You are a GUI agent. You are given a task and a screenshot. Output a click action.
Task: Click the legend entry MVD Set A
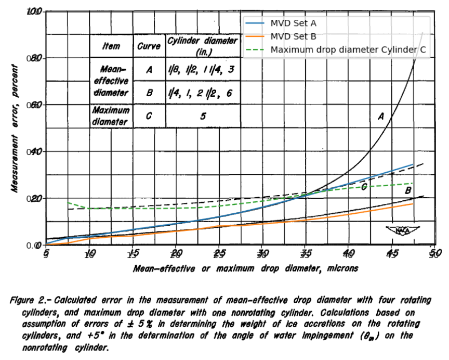pos(293,23)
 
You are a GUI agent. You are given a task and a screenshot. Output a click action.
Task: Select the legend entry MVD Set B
pos(293,36)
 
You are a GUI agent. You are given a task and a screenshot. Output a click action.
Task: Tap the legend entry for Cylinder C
pos(348,50)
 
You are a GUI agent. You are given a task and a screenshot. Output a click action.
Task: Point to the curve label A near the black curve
pos(380,117)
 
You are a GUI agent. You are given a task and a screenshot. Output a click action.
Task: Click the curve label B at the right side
pos(408,191)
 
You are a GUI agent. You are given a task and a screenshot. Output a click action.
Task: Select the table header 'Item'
pos(111,46)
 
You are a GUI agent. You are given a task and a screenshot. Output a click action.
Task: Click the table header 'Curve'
pos(149,46)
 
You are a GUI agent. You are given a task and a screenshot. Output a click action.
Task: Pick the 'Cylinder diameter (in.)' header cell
pos(202,46)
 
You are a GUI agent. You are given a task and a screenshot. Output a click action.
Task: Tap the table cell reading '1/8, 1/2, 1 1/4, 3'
pos(202,70)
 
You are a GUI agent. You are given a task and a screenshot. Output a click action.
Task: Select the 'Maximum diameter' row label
pos(111,116)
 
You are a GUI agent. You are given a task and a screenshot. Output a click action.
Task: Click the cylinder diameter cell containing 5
pos(202,117)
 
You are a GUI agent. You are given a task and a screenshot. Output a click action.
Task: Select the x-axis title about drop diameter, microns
pos(245,268)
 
